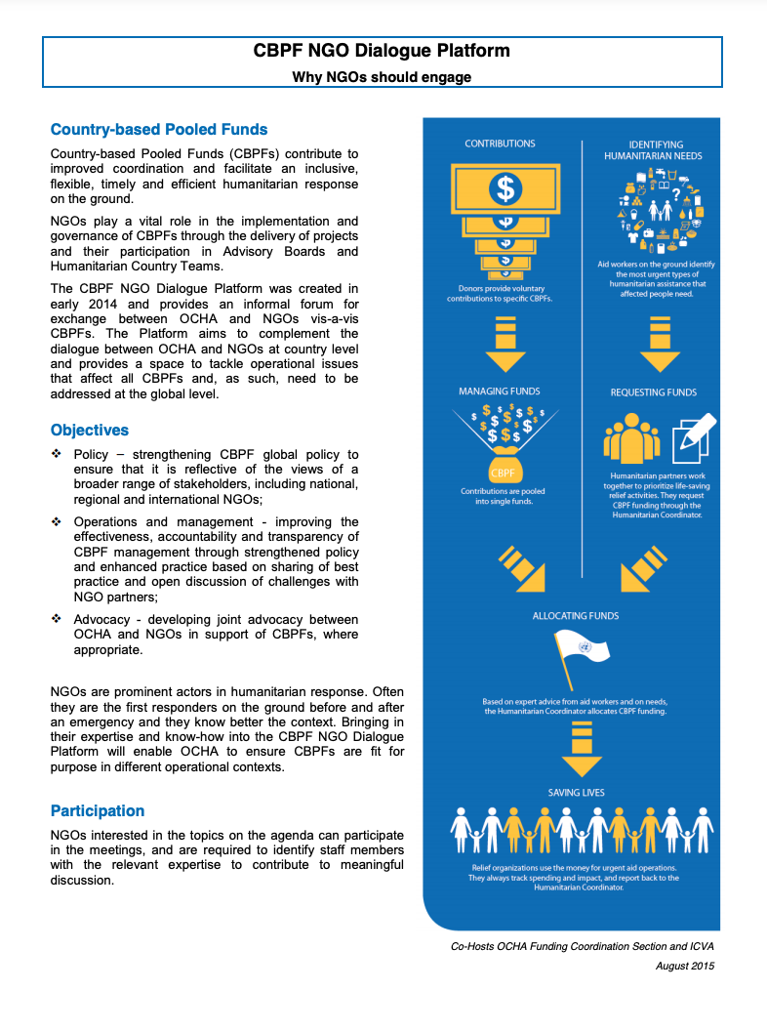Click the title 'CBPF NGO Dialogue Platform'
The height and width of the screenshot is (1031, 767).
point(382,51)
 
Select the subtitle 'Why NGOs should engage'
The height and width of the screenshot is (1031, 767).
point(382,77)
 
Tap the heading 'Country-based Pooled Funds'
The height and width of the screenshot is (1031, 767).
point(159,129)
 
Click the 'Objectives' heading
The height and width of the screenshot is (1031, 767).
point(90,430)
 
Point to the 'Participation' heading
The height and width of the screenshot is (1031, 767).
point(98,810)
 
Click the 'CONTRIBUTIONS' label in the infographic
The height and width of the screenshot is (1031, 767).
point(500,144)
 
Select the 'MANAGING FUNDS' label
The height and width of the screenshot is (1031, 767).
point(499,392)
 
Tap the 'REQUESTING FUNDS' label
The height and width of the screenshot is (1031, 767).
point(654,392)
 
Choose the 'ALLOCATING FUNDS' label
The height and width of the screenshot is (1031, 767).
point(576,616)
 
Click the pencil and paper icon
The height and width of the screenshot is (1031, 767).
point(693,436)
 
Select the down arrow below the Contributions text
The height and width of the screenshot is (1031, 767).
point(505,346)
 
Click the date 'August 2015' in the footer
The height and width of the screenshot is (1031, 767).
point(685,966)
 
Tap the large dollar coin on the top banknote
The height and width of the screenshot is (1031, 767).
point(505,189)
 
